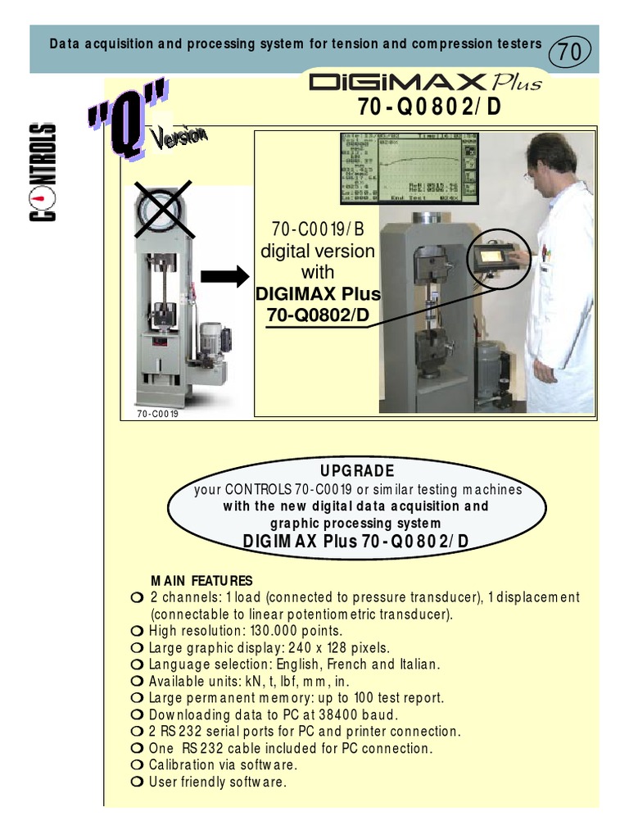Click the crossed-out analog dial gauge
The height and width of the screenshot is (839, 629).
161,211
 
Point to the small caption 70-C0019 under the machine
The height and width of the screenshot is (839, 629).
158,414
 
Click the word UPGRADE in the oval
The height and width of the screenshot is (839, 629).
356,471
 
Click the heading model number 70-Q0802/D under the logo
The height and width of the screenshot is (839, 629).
426,107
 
